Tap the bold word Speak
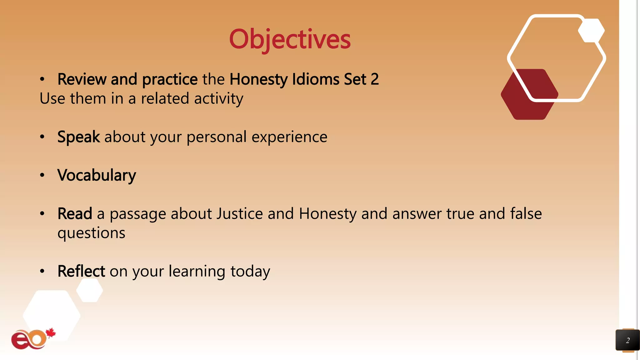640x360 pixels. (78, 137)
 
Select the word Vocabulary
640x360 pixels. (97, 175)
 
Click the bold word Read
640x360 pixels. (75, 214)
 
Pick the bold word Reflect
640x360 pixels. (81, 271)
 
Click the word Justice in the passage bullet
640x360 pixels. (239, 214)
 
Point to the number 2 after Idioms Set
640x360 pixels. (375, 79)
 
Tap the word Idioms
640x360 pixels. (316, 79)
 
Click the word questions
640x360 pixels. (91, 233)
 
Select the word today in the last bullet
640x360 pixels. (250, 271)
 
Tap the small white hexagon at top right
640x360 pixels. (591, 31)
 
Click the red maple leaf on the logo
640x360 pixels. (51, 333)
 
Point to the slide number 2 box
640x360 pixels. (627, 340)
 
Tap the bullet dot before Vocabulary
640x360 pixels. (42, 175)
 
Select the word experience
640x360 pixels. (289, 137)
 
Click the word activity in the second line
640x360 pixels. (218, 99)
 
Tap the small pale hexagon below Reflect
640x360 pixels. (90, 290)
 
